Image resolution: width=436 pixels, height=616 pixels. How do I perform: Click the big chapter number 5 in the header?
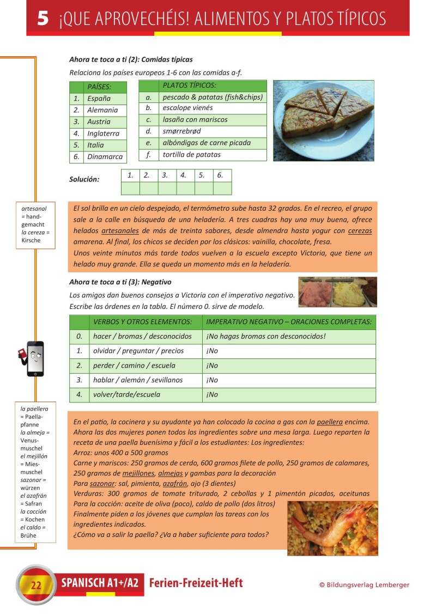coord(43,19)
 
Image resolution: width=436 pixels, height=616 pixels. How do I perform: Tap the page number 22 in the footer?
coord(37,586)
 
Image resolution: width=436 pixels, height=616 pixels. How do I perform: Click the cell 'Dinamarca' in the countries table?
coord(105,157)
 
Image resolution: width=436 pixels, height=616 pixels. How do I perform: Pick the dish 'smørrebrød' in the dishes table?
coord(181,131)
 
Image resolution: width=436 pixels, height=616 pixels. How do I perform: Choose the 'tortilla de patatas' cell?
coord(192,155)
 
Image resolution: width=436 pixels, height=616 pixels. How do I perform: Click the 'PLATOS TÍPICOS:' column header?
coord(189,86)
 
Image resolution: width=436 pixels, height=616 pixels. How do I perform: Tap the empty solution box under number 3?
coord(167,188)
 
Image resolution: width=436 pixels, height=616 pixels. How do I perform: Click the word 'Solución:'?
coord(84,179)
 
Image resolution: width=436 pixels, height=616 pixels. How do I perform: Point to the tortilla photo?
coord(324,120)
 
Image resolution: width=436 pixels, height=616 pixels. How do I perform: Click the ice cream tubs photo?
coord(337,292)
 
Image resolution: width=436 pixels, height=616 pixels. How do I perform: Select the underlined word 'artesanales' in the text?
coord(121,231)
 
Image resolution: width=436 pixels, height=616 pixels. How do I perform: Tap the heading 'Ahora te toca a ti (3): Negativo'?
coord(120,282)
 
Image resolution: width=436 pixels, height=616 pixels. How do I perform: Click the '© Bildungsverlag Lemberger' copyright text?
coord(364,585)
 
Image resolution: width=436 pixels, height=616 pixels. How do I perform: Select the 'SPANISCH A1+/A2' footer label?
coord(100,583)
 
